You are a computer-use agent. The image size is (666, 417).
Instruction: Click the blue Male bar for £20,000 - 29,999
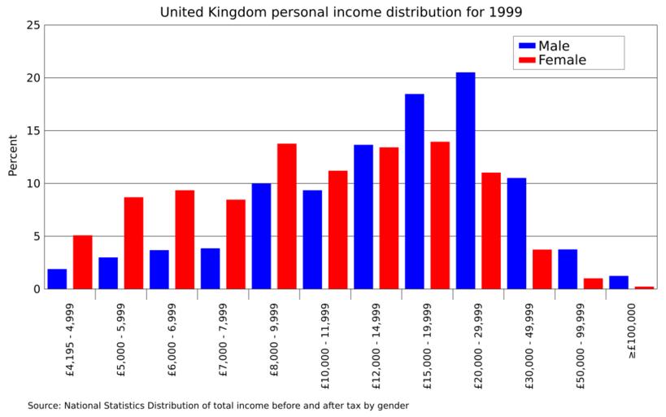[465, 180]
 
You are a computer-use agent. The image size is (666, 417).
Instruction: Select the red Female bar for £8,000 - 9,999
[287, 216]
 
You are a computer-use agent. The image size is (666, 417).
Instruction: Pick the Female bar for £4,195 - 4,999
[83, 261]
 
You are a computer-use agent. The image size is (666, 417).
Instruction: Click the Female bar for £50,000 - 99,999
[593, 283]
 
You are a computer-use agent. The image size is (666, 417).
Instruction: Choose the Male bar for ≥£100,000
[619, 282]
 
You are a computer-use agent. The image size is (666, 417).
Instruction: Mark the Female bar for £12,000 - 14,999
[389, 217]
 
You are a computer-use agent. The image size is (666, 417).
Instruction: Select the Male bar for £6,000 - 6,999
[159, 269]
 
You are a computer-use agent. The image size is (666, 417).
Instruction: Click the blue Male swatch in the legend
[525, 46]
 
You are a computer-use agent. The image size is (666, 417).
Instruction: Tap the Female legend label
[562, 60]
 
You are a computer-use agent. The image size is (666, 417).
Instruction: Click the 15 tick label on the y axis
[33, 130]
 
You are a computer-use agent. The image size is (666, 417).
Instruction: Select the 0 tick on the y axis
[37, 289]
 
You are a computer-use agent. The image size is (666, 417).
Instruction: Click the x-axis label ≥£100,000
[631, 333]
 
